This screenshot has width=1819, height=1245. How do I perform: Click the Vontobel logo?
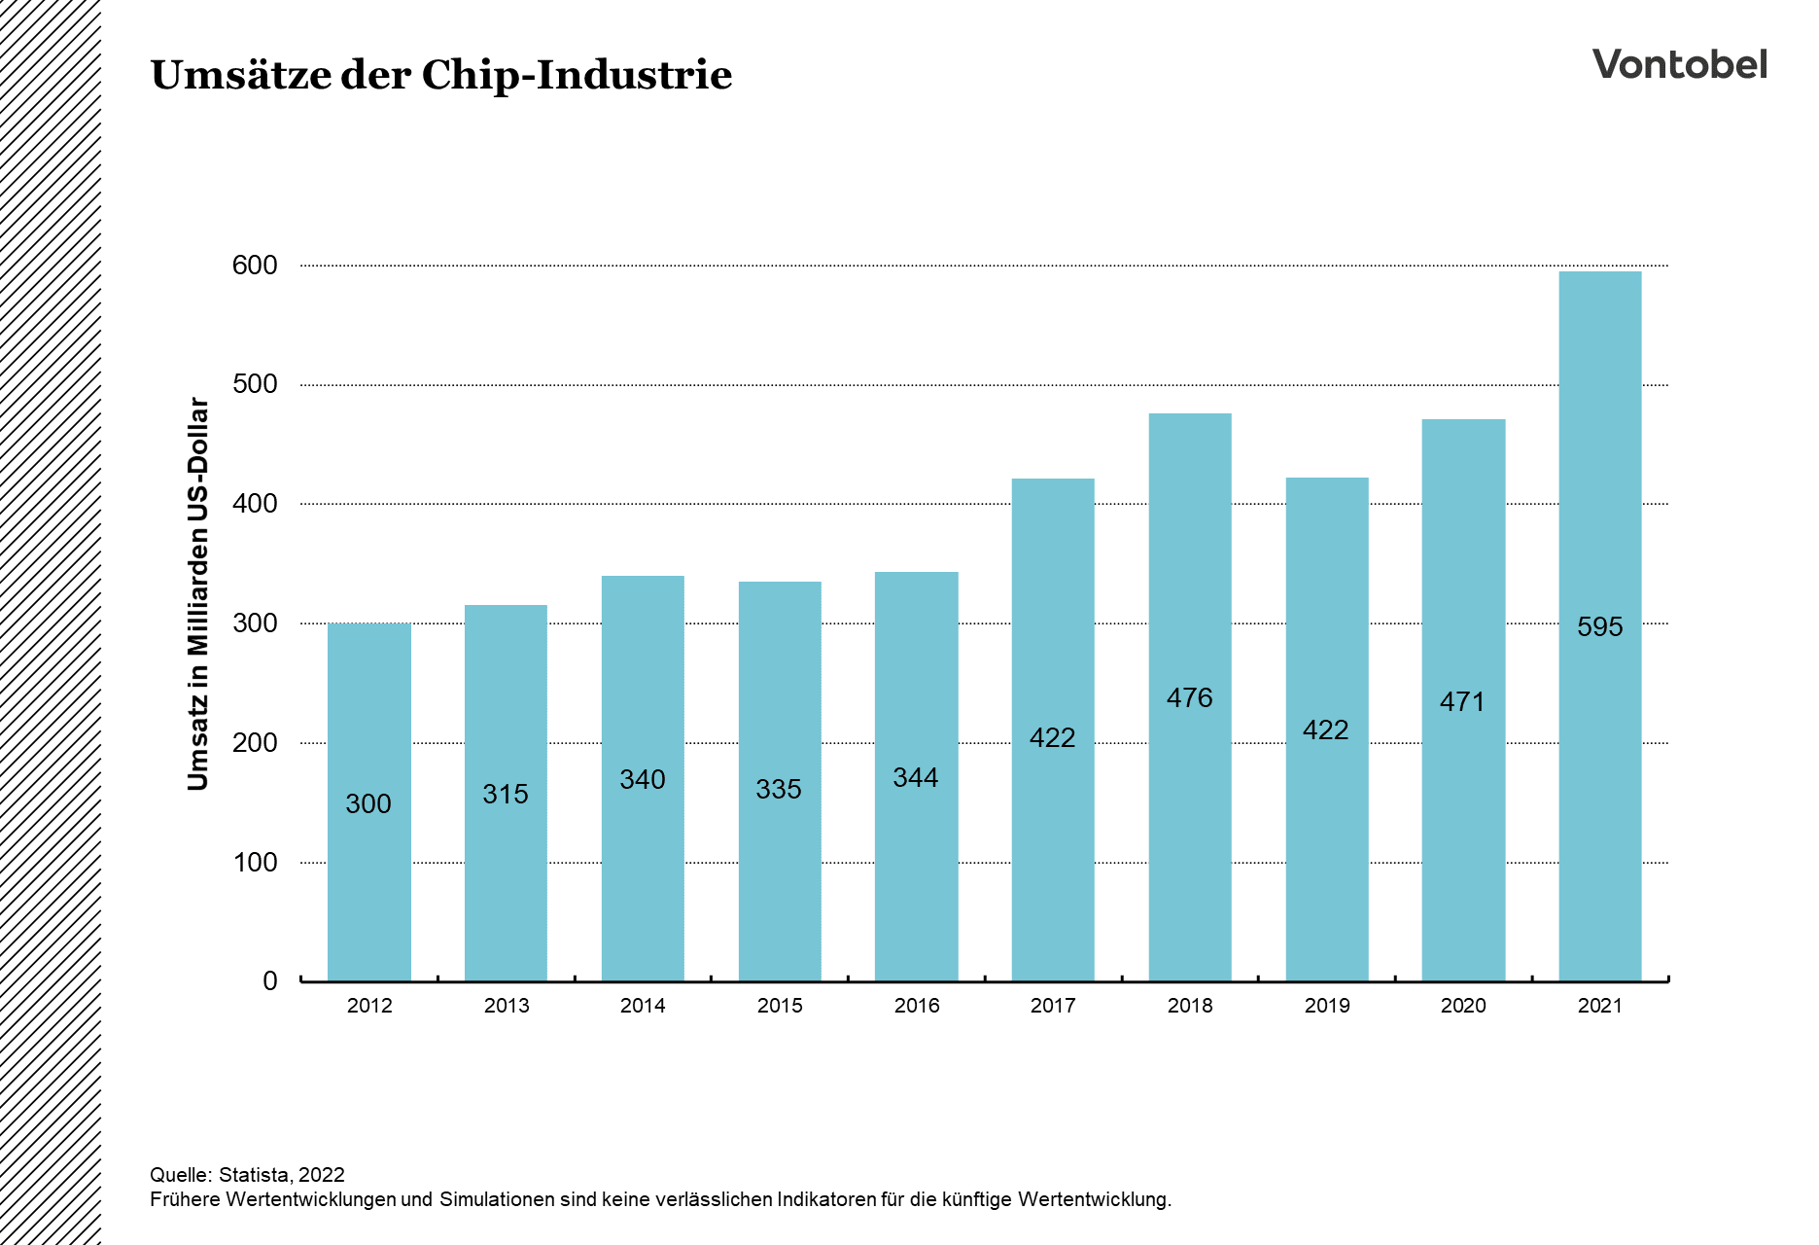1679,64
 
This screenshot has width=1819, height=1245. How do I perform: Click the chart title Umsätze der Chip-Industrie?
440,75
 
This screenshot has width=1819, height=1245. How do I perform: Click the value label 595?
1599,626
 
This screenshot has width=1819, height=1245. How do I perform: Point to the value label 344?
915,777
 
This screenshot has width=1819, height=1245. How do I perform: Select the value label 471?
1462,701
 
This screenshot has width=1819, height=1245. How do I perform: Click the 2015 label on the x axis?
780,1006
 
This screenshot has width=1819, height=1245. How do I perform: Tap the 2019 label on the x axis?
1326,1006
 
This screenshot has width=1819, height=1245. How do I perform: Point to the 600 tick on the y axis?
255,265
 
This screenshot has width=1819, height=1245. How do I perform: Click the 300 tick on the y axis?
255,622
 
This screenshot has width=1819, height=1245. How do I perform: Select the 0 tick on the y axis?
270,980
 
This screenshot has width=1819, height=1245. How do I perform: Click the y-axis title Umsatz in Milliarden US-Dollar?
198,593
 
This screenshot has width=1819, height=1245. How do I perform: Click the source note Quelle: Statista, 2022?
247,1174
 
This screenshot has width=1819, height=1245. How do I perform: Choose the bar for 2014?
643,875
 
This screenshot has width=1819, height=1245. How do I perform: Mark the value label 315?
505,794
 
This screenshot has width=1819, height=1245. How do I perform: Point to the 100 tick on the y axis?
255,862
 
